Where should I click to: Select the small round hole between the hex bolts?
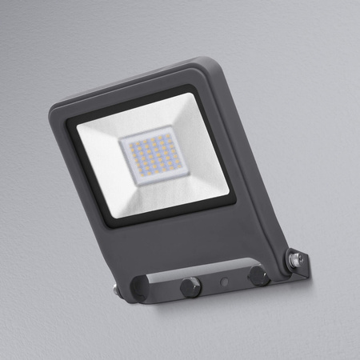226,282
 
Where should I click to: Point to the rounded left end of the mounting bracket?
130,290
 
